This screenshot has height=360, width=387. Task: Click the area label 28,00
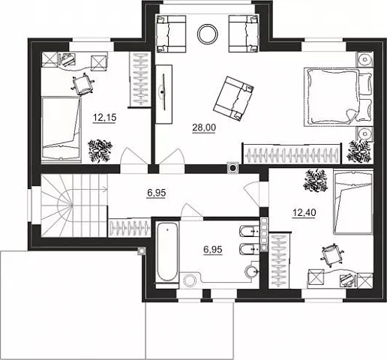[x=204, y=127]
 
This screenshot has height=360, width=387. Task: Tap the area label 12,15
[x=105, y=117]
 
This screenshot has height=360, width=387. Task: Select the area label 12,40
[x=304, y=213]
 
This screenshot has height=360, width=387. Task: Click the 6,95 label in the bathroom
[x=213, y=249]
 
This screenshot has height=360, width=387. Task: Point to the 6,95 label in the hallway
[x=157, y=193]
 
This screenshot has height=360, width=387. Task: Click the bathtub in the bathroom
[x=167, y=253]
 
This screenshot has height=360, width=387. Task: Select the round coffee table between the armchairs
[x=208, y=34]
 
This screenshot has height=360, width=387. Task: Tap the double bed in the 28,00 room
[x=337, y=97]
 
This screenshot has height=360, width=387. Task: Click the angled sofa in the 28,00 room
[x=233, y=98]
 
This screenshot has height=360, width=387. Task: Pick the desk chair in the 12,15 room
[x=83, y=84]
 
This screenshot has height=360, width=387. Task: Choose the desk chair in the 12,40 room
[x=331, y=254]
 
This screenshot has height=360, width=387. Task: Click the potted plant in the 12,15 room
[x=100, y=151]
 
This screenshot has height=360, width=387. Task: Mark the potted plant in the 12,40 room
[x=315, y=181]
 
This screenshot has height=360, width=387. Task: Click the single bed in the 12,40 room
[x=353, y=202]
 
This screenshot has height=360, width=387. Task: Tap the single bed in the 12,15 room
[x=61, y=128]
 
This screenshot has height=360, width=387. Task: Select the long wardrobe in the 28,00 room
[x=292, y=154]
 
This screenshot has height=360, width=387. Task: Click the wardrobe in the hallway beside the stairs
[x=130, y=227]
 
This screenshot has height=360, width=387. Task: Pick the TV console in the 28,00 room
[x=163, y=94]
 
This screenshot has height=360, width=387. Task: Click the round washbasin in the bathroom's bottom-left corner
[x=190, y=280]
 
